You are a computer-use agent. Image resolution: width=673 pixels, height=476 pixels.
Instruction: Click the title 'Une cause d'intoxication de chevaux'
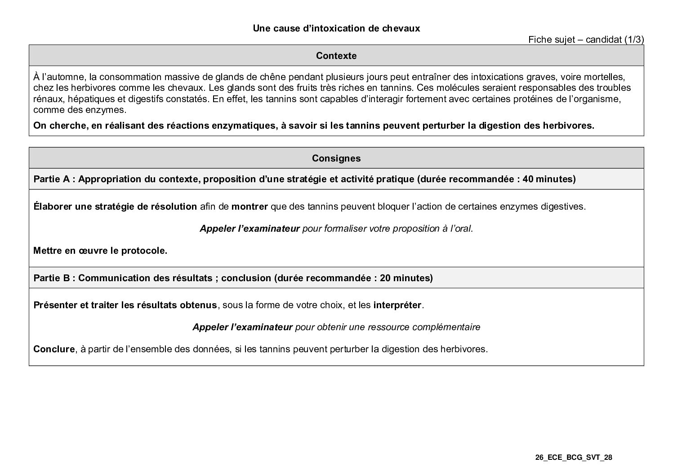tap(336, 28)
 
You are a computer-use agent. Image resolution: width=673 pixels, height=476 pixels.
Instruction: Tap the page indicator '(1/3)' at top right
tap(634, 40)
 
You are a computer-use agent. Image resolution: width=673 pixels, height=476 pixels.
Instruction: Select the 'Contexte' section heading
tap(336, 56)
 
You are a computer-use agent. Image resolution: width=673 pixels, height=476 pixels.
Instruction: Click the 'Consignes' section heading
tap(336, 158)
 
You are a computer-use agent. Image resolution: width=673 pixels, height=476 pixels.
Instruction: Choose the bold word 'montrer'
tap(250, 207)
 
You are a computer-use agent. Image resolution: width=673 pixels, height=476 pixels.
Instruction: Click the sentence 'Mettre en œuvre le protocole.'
tap(100, 251)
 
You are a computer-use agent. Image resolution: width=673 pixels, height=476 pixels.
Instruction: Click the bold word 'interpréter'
tap(397, 305)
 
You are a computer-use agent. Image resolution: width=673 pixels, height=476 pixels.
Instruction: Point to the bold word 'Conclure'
tap(53, 349)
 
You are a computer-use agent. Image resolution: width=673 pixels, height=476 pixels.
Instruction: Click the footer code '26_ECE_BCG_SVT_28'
tap(574, 458)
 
